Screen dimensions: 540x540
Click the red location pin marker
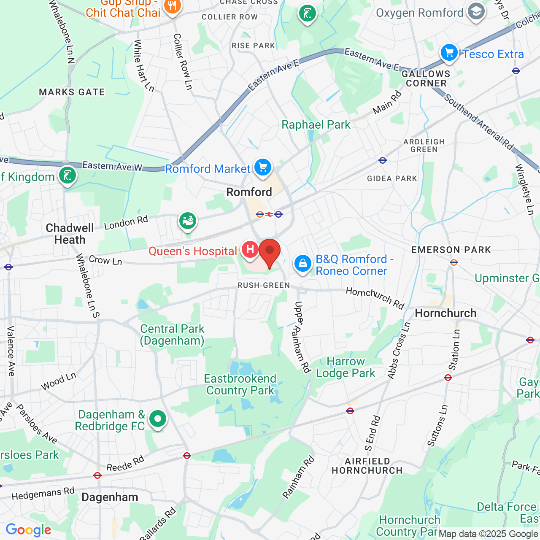coord(269,252)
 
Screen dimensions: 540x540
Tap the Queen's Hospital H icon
coord(250,249)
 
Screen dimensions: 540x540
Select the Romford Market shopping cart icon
coord(263,167)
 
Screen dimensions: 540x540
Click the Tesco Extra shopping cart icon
coord(449,53)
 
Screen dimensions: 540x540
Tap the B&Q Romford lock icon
coord(302,264)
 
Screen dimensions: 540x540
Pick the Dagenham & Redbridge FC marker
coord(157,419)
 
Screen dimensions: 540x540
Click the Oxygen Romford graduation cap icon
coord(476,12)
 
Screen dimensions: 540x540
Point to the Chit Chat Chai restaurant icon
coord(172,6)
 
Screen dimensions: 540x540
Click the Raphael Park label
coord(316,124)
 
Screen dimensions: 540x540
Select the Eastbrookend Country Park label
coord(240,384)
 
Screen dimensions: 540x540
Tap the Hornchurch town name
coord(445,313)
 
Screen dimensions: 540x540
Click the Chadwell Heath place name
coord(70,234)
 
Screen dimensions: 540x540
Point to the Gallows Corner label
coord(426,78)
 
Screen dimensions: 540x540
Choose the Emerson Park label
coord(451,250)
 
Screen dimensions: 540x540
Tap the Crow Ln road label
coord(105,261)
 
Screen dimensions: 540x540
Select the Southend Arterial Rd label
coord(479,122)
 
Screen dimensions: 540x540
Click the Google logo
coord(28,530)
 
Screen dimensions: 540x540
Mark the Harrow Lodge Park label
coord(346,367)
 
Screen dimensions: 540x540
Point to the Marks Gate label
coord(72,92)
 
